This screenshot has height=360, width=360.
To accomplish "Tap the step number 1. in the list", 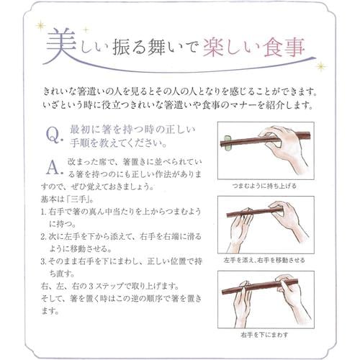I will [45, 211].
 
